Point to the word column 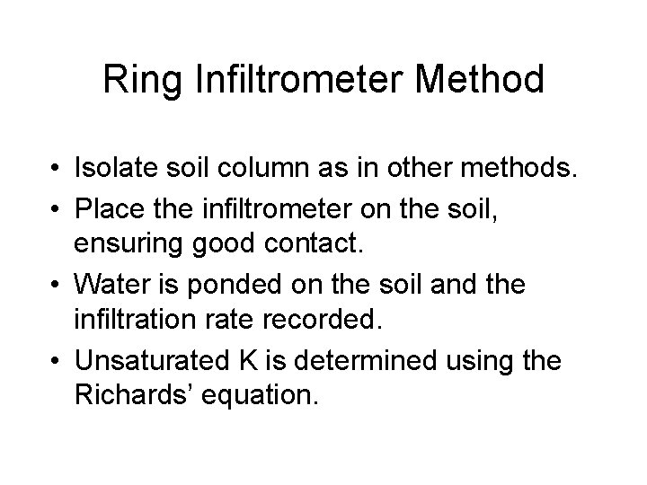(x=269, y=168)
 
